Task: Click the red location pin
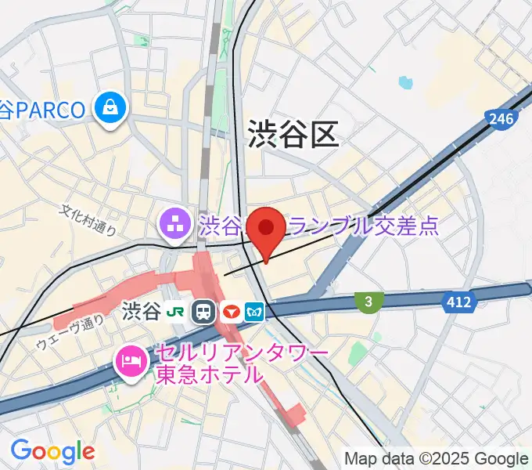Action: (267, 230)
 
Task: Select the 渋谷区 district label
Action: (293, 134)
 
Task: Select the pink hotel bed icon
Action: (128, 361)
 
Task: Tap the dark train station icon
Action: (204, 312)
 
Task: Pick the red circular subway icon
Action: (230, 312)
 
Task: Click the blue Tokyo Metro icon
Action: (255, 312)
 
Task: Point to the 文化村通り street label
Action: (88, 220)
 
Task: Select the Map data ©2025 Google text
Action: (437, 459)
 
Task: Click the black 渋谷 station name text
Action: (141, 312)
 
